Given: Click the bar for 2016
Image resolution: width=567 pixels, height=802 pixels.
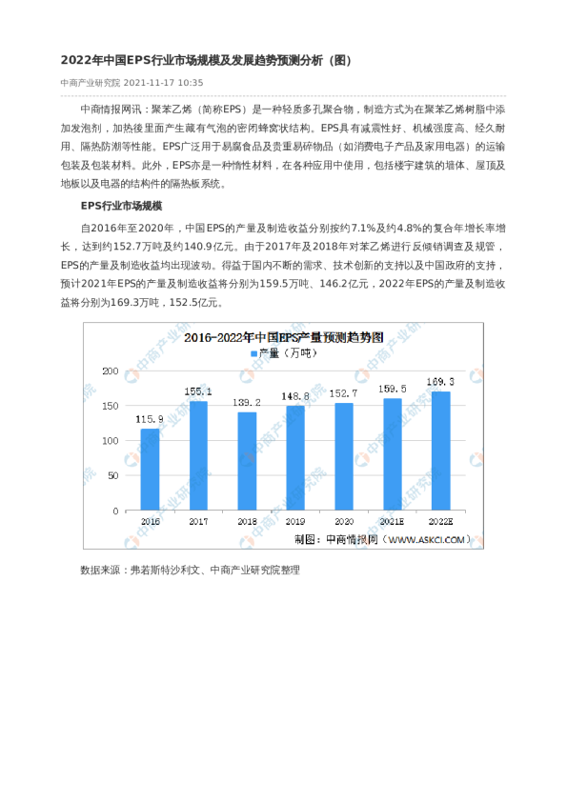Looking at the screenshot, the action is click(151, 470).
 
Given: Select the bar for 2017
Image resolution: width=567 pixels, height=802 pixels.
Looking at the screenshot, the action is click(199, 455).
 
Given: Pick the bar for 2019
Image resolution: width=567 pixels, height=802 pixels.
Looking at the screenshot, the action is click(295, 458).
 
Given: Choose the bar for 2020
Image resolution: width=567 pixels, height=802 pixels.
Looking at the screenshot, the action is click(343, 456).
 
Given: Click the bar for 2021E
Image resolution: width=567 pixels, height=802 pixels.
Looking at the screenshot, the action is click(392, 454).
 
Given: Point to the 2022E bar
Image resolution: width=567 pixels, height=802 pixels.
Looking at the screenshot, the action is click(440, 451).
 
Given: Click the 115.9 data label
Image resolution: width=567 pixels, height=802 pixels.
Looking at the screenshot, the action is click(151, 419).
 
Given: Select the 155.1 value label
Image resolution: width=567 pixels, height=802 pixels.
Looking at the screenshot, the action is click(199, 391).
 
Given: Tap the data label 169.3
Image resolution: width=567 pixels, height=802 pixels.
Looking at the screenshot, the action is click(440, 381).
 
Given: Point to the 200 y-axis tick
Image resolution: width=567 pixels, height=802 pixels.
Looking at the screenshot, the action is click(111, 371).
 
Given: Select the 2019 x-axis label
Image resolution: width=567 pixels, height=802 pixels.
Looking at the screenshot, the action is click(295, 522).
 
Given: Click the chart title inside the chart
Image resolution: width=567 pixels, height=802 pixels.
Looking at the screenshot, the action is click(283, 337).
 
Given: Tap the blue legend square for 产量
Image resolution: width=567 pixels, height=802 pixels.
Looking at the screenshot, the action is click(254, 353).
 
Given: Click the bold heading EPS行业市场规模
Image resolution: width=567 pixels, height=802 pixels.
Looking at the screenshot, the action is click(121, 206).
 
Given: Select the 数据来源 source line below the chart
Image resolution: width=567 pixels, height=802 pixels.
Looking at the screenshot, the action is click(190, 570).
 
